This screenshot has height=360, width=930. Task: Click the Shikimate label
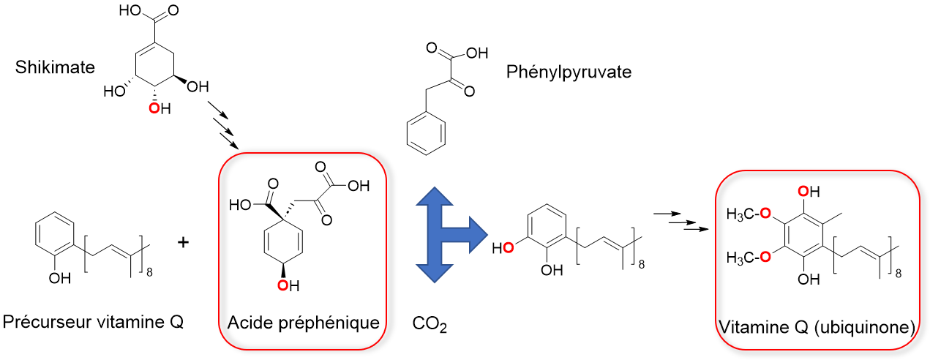click(55, 67)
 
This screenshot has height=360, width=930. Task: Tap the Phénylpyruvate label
click(569, 72)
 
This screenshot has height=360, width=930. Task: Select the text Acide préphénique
click(304, 323)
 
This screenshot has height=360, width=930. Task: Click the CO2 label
click(430, 324)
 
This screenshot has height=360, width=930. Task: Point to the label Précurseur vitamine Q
click(93, 322)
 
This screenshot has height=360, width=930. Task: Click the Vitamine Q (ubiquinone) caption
click(817, 327)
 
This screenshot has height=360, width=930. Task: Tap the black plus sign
click(183, 242)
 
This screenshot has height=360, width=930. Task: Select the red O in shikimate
click(154, 109)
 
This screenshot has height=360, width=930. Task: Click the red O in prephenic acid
click(283, 285)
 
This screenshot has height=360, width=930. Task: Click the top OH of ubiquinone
click(809, 192)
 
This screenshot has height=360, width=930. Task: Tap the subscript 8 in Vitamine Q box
click(899, 273)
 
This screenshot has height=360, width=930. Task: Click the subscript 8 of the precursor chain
click(149, 272)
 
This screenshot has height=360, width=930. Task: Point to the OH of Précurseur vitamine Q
click(60, 278)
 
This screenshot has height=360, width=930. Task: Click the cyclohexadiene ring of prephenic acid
click(283, 241)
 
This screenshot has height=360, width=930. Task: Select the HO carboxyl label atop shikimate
click(130, 10)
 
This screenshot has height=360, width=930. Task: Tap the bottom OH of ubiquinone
click(809, 279)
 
